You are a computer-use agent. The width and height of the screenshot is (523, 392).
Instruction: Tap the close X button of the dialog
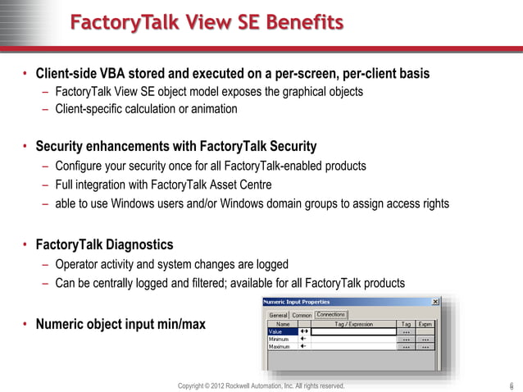click(434, 302)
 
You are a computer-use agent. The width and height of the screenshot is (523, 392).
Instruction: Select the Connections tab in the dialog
click(331, 314)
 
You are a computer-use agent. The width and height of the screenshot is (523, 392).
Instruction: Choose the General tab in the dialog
click(278, 315)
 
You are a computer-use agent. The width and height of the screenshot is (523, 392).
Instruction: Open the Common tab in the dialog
click(302, 315)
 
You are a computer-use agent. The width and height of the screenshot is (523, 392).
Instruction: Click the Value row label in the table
click(275, 331)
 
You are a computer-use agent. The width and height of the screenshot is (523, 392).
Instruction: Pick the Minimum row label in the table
click(279, 339)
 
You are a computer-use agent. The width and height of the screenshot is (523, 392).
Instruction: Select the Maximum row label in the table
click(280, 347)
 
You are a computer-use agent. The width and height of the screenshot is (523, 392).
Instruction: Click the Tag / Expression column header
click(353, 324)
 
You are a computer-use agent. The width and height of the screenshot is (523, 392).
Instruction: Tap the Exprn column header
click(425, 324)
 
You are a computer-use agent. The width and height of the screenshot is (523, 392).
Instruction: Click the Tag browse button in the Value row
click(407, 331)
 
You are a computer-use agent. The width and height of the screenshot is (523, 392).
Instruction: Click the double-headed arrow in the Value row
click(304, 331)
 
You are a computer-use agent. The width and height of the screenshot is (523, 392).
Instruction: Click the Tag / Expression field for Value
click(353, 331)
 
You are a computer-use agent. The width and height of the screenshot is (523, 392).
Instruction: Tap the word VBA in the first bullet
click(125, 73)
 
